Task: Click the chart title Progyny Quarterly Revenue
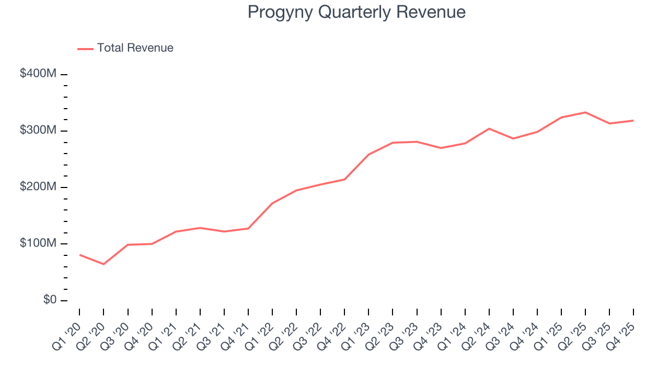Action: (356, 12)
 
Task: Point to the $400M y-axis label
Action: (38, 74)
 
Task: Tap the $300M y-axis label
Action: (38, 130)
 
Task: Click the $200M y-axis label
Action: (38, 187)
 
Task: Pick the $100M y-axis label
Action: (38, 243)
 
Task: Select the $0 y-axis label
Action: (50, 300)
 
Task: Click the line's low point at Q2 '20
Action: (103, 264)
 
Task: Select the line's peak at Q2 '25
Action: (585, 112)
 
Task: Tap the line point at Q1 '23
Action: (368, 155)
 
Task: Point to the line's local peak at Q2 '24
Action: (489, 128)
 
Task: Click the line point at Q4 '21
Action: (248, 228)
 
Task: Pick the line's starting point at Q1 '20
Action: (79, 255)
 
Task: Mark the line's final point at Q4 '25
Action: (633, 121)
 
